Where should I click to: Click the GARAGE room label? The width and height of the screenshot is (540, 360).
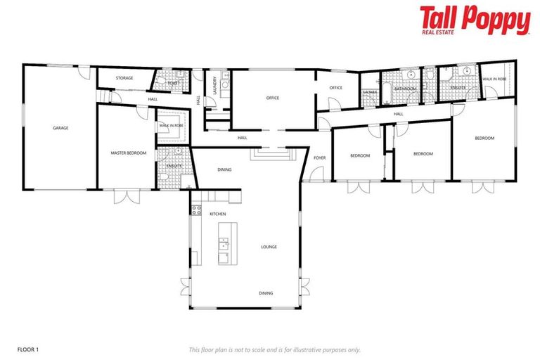pyautogui.click(x=60, y=128)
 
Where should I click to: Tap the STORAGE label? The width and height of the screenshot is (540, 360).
pyautogui.click(x=125, y=78)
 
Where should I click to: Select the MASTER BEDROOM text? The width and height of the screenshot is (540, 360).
pyautogui.click(x=128, y=152)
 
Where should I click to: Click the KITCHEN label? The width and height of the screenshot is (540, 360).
pyautogui.click(x=217, y=213)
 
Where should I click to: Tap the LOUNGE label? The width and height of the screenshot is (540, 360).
pyautogui.click(x=269, y=247)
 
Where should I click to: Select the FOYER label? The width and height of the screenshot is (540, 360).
pyautogui.click(x=319, y=157)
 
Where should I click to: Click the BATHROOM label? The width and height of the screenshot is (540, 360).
pyautogui.click(x=406, y=89)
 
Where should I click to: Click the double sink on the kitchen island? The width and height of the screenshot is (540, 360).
pyautogui.click(x=224, y=243)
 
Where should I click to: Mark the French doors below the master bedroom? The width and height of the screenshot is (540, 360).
pyautogui.click(x=127, y=196)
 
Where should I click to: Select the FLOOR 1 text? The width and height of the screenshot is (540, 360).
pyautogui.click(x=27, y=349)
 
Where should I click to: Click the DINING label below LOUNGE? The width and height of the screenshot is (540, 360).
pyautogui.click(x=265, y=293)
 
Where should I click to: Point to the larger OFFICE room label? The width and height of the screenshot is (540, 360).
pyautogui.click(x=272, y=98)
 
